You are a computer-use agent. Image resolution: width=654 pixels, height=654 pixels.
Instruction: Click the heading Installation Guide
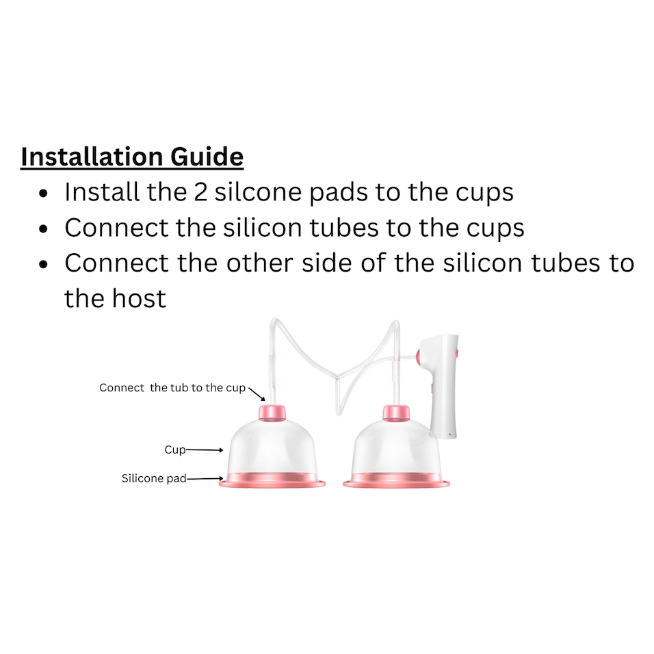pyautogui.click(x=132, y=157)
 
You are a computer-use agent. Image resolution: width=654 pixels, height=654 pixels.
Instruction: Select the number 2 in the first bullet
pyautogui.click(x=200, y=192)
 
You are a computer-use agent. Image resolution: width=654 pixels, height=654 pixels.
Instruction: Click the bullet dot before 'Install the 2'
pyautogui.click(x=43, y=194)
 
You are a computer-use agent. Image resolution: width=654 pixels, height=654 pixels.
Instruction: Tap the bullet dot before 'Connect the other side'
pyautogui.click(x=43, y=265)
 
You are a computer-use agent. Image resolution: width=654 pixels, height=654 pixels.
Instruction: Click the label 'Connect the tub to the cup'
pyautogui.click(x=172, y=388)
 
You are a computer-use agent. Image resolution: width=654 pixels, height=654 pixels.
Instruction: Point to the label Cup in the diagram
pyautogui.click(x=175, y=449)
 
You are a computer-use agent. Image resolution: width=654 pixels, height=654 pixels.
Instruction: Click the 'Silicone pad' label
pyautogui.click(x=154, y=478)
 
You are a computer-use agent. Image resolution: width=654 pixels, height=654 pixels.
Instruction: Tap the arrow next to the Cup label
pyautogui.click(x=205, y=450)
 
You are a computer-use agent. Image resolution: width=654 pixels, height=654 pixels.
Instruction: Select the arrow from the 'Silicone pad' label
pyautogui.click(x=205, y=479)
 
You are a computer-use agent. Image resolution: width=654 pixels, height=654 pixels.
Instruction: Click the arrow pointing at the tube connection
pyautogui.click(x=257, y=394)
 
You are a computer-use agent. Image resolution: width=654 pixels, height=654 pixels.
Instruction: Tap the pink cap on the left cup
pyautogui.click(x=272, y=412)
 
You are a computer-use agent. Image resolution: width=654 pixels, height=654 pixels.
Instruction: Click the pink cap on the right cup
pyautogui.click(x=396, y=412)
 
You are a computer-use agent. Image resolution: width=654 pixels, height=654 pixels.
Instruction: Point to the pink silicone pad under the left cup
pyautogui.click(x=272, y=480)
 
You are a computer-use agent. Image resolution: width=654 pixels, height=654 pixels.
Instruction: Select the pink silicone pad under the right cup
pyautogui.click(x=396, y=480)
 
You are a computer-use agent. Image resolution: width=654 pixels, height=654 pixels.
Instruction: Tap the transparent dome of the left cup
pyautogui.click(x=272, y=446)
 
